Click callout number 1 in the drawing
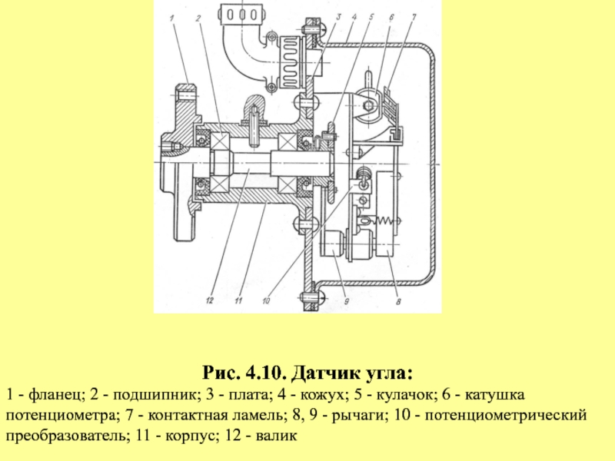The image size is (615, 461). [x=171, y=18]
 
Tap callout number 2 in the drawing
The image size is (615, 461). [x=198, y=18]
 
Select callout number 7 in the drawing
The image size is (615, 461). [x=414, y=17]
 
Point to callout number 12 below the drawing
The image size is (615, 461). [x=209, y=300]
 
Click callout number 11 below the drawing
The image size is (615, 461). [x=238, y=300]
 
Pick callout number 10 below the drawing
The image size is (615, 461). [x=266, y=301]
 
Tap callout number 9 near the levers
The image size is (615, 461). [x=347, y=301]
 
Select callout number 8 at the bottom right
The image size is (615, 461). [x=398, y=301]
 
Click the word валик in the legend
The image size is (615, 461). [x=276, y=436]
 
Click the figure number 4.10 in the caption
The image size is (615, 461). [x=266, y=373]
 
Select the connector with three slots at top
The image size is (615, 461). [x=240, y=15]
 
